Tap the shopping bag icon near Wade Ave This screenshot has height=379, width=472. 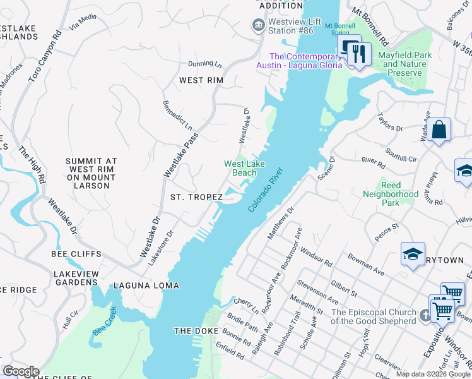439,131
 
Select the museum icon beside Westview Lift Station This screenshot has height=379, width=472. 258,25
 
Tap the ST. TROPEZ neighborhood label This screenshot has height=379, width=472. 196,198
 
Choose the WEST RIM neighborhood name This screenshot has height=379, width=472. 201,80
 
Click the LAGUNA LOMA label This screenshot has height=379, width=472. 146,286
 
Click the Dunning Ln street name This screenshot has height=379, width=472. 205,64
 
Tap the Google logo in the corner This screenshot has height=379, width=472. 20,371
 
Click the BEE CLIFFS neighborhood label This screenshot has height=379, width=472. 76,254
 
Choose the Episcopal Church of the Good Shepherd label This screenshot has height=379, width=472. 374,316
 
